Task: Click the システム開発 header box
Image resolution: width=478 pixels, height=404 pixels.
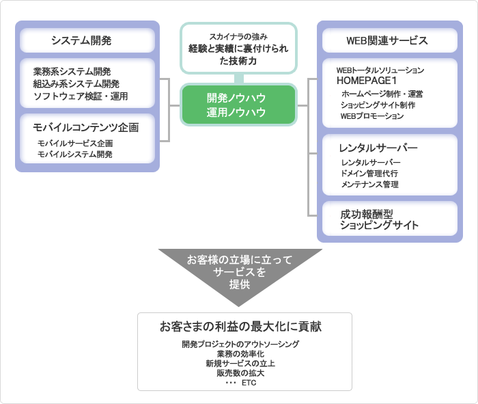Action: click(x=87, y=41)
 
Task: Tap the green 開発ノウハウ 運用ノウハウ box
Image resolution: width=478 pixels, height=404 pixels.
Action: click(x=238, y=105)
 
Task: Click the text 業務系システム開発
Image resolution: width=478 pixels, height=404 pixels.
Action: click(x=71, y=72)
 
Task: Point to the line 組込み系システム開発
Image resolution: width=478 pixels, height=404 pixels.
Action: click(x=76, y=84)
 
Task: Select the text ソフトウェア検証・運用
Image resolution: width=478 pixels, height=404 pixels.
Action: click(x=80, y=96)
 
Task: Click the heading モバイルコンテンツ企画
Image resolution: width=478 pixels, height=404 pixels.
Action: click(x=86, y=127)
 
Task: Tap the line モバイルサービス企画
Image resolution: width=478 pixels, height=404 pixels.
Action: click(x=75, y=144)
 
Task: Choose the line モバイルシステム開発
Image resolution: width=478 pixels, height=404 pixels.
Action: click(x=75, y=154)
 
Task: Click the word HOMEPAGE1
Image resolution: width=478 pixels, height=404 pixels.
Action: click(x=367, y=81)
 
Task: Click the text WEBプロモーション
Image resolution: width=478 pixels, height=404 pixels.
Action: click(x=371, y=116)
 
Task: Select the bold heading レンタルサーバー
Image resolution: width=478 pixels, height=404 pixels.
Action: click(x=378, y=148)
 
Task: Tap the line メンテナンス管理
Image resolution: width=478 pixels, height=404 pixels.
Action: click(x=369, y=185)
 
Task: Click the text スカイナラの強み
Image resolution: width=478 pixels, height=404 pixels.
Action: click(x=238, y=36)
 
